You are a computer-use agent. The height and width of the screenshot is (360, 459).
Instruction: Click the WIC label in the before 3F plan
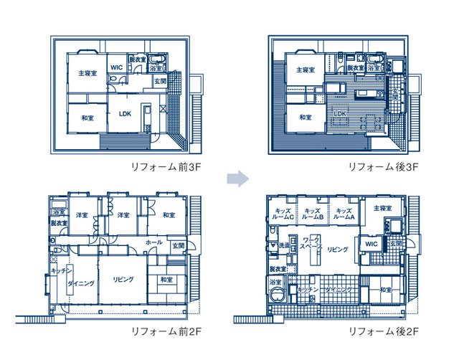tap(117, 67)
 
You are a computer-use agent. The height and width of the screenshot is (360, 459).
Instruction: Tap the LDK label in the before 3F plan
tap(125, 113)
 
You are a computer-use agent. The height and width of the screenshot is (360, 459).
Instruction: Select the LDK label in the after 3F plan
tap(341, 113)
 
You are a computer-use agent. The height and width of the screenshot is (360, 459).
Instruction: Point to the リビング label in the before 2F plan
tap(123, 280)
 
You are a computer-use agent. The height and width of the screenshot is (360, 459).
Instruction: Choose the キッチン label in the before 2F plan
tap(60, 270)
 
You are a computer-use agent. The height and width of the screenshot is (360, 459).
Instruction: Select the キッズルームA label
tap(344, 213)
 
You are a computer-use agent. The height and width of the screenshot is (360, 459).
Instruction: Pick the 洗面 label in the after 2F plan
tap(284, 245)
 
